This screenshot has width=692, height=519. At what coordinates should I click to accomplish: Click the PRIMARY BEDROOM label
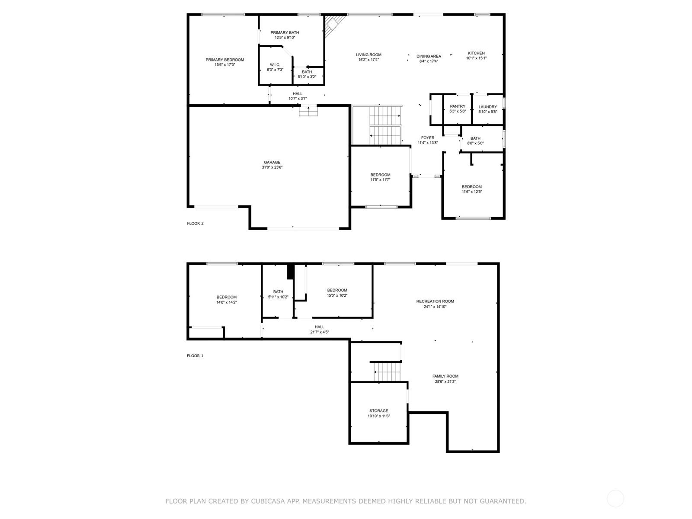(224, 60)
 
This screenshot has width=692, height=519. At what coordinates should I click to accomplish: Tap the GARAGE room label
(272, 162)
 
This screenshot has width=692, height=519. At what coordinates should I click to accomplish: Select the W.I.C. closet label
(275, 64)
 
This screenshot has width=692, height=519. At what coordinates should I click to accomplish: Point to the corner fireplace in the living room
(335, 26)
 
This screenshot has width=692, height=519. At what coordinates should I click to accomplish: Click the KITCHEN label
(476, 53)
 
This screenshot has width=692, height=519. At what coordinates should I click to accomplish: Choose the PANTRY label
(458, 106)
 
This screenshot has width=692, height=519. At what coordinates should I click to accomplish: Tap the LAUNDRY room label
(487, 107)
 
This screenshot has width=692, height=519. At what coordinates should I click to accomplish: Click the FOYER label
(427, 138)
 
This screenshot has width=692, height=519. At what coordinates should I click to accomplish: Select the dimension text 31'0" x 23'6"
(272, 167)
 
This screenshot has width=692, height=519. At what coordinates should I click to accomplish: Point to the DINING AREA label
(429, 56)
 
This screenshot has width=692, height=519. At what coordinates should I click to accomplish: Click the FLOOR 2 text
(195, 224)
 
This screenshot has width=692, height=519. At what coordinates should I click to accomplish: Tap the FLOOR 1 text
(195, 356)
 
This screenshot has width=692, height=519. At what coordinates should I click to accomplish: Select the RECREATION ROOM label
(435, 301)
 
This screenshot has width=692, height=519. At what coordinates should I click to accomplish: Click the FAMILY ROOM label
(445, 376)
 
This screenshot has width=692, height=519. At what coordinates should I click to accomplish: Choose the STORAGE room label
(378, 410)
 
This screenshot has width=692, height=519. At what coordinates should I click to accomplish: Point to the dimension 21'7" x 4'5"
(319, 332)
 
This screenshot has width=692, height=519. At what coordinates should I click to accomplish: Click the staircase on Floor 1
(387, 372)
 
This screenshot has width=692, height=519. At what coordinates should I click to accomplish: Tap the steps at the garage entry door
(308, 111)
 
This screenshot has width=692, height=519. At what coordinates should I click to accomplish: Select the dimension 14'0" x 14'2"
(226, 302)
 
